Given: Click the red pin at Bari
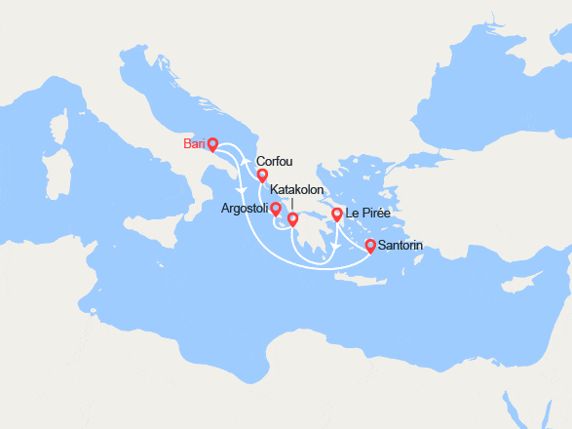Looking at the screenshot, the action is point(212,144).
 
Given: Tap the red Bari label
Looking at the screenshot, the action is point(193,144).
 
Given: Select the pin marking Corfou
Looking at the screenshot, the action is point(262,175).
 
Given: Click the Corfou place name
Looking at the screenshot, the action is point(274,162).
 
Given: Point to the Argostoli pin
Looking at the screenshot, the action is point(276,208).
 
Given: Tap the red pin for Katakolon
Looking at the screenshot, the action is point(292,219).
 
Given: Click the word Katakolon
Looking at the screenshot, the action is point(297,190).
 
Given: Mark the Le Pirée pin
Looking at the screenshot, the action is point(337,214).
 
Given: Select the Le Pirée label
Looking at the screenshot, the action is point(367,214).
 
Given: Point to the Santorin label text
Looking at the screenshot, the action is point(400,246).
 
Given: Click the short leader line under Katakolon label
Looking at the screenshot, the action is point(292,204).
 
